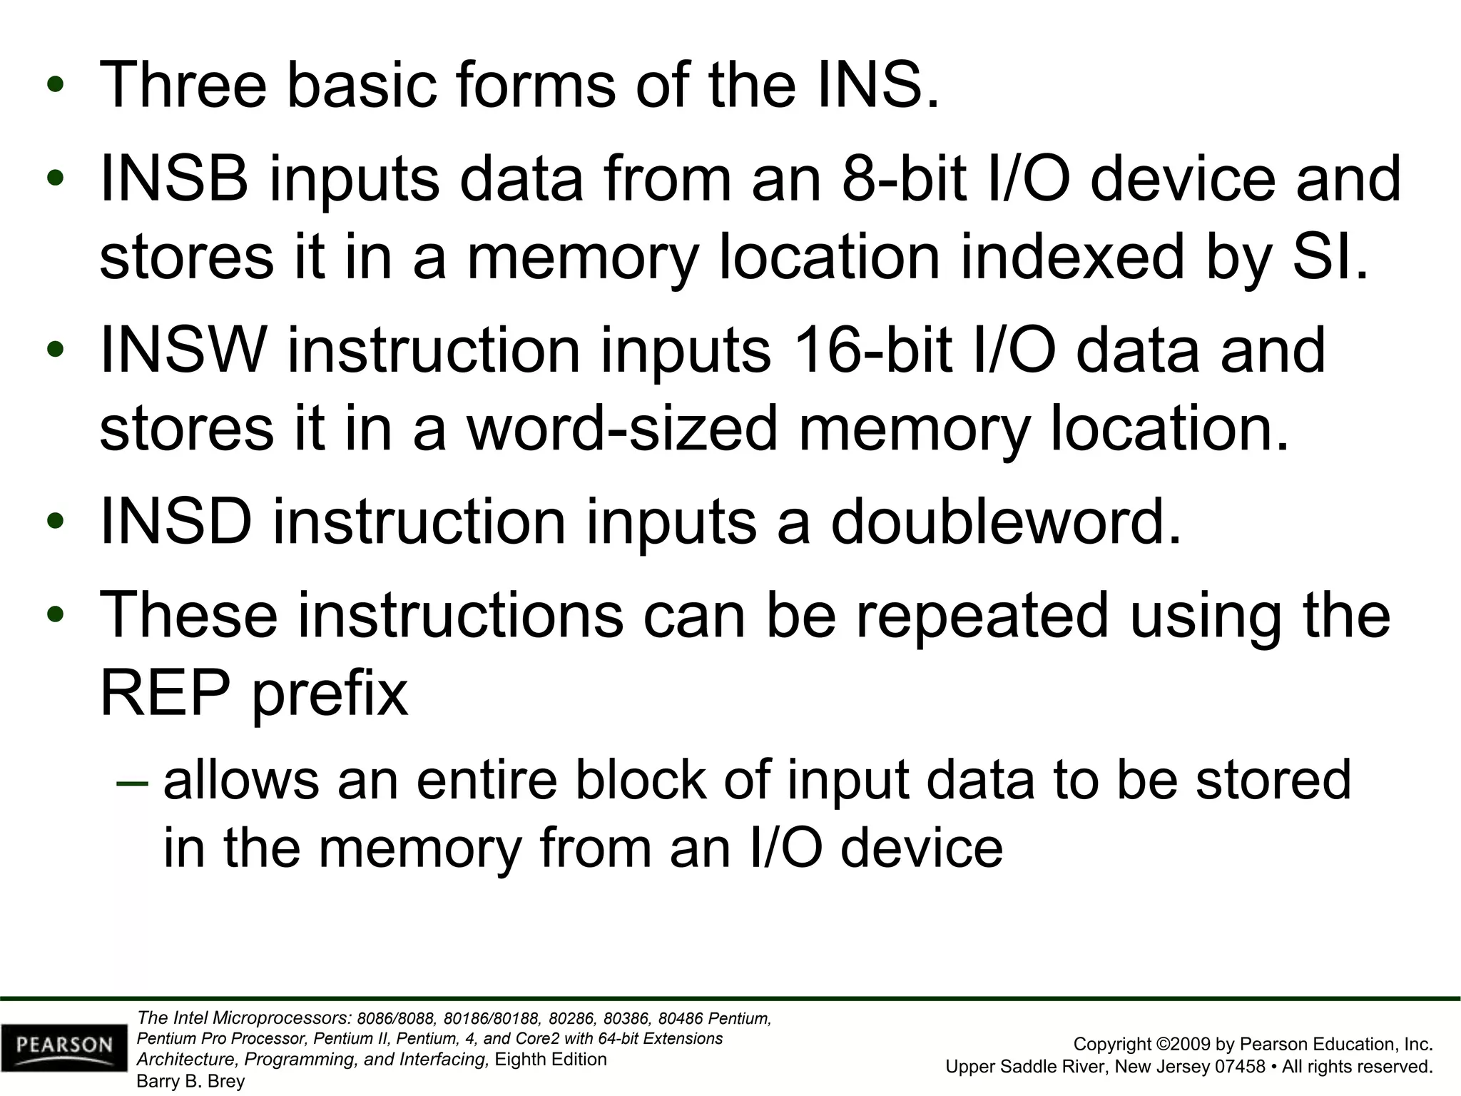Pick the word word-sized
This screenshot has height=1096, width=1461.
point(621,429)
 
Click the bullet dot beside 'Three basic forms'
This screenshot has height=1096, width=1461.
point(56,86)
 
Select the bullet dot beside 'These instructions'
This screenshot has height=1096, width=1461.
point(56,614)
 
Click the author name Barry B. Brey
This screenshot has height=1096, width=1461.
point(190,1081)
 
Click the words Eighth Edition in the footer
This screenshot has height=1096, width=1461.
point(551,1059)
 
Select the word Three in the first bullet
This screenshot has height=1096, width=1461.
point(183,86)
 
